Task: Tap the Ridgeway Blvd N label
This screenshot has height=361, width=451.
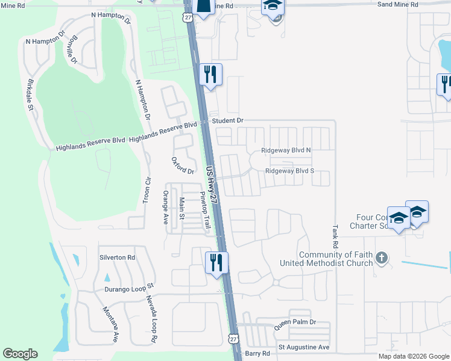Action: [x=286, y=151]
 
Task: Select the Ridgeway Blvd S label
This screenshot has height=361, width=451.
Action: [x=289, y=171]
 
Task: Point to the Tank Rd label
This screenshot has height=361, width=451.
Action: [x=334, y=238]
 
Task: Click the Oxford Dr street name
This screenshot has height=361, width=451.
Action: [x=182, y=166]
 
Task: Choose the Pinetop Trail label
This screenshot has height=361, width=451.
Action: [x=205, y=210]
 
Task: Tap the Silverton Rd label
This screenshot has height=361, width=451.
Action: [x=118, y=257]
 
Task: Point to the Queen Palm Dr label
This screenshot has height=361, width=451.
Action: [x=295, y=323]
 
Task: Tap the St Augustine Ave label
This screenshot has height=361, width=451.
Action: [x=304, y=347]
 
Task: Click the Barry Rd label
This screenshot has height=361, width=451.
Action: [x=258, y=354]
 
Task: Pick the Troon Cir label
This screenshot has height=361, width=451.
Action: [x=147, y=190]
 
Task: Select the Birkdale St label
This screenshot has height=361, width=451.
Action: [x=28, y=95]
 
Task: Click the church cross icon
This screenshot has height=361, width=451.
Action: [x=380, y=258]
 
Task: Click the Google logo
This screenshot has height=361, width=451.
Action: [x=20, y=354]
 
